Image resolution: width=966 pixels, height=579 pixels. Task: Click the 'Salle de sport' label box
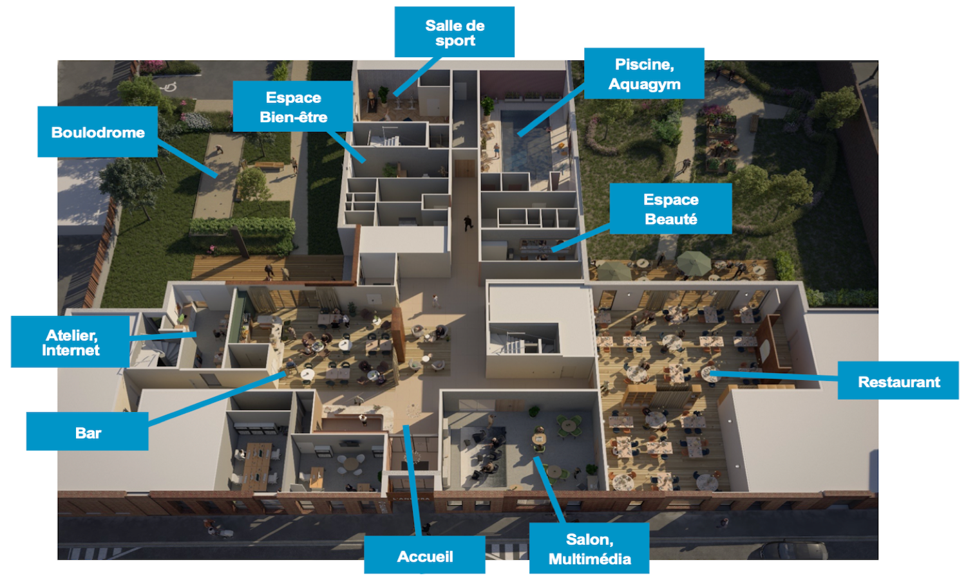click(454, 32)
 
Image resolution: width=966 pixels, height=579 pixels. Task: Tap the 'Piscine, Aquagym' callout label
click(643, 73)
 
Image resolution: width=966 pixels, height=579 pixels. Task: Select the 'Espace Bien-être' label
click(293, 107)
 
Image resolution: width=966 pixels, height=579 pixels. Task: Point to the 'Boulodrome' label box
click(98, 132)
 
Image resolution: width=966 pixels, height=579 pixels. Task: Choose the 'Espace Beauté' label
click(670, 209)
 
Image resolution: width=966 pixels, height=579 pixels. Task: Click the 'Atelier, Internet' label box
click(70, 342)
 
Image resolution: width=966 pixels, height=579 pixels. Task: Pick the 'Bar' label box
click(88, 432)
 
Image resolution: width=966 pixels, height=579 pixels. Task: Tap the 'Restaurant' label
click(898, 381)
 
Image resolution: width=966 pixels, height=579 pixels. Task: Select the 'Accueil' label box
click(424, 555)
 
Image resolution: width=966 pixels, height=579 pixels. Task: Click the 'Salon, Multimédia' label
click(589, 548)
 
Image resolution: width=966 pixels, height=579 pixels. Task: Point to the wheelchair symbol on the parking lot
click(169, 87)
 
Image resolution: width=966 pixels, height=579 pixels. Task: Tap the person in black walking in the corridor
click(468, 223)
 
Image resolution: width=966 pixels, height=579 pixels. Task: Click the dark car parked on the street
click(786, 550)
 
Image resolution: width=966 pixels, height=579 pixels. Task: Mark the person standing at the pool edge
click(497, 151)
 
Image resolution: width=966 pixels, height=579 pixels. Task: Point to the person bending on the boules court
click(220, 151)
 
